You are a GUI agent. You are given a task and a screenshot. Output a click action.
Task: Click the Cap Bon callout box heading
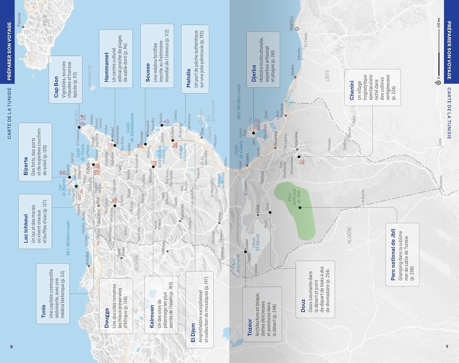56,87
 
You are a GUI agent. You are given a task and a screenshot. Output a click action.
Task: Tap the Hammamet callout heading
106,67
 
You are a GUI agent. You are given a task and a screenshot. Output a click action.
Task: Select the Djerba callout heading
254,73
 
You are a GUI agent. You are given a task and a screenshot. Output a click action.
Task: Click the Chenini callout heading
352,90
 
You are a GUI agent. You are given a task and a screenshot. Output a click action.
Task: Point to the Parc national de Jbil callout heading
393,254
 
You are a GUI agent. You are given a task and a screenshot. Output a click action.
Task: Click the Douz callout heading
303,305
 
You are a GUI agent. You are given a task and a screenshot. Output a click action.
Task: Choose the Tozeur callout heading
249,327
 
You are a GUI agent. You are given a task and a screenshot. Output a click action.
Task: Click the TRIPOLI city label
292,24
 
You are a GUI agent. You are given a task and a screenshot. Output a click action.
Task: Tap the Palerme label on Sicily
19,19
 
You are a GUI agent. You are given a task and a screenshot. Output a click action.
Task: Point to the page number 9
447,346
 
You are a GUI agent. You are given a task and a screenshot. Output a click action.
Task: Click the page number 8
12,346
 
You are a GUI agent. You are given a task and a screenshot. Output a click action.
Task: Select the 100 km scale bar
438,52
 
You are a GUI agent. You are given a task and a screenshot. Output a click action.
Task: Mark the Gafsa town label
219,218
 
